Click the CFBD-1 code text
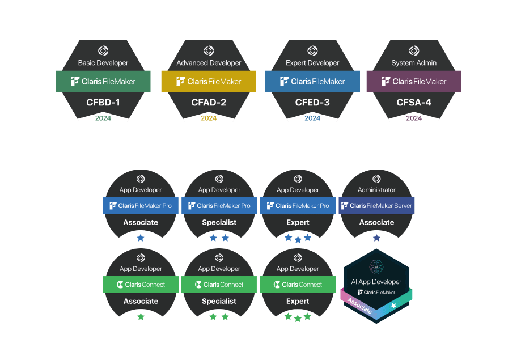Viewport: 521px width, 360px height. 103,103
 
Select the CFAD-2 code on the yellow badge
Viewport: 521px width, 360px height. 209,103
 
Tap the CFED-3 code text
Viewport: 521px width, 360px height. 312,103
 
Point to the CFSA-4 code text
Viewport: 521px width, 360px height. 414,103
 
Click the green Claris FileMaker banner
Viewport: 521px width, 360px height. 103,81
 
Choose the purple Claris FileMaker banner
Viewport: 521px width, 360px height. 414,81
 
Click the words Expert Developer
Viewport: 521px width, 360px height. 312,63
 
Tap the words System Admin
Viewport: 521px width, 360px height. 414,63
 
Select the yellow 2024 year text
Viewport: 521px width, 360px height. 209,118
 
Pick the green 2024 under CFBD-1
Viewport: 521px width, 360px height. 103,118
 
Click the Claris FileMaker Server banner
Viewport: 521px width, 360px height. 376,206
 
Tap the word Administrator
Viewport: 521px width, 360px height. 376,190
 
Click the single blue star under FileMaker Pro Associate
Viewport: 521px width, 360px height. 141,238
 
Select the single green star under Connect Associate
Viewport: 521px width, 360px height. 141,317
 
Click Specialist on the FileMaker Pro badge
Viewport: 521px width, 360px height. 219,222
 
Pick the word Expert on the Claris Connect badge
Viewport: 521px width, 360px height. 298,301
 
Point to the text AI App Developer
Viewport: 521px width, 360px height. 376,282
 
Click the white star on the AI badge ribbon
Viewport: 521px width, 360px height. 393,306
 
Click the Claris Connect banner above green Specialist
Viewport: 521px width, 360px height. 219,285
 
